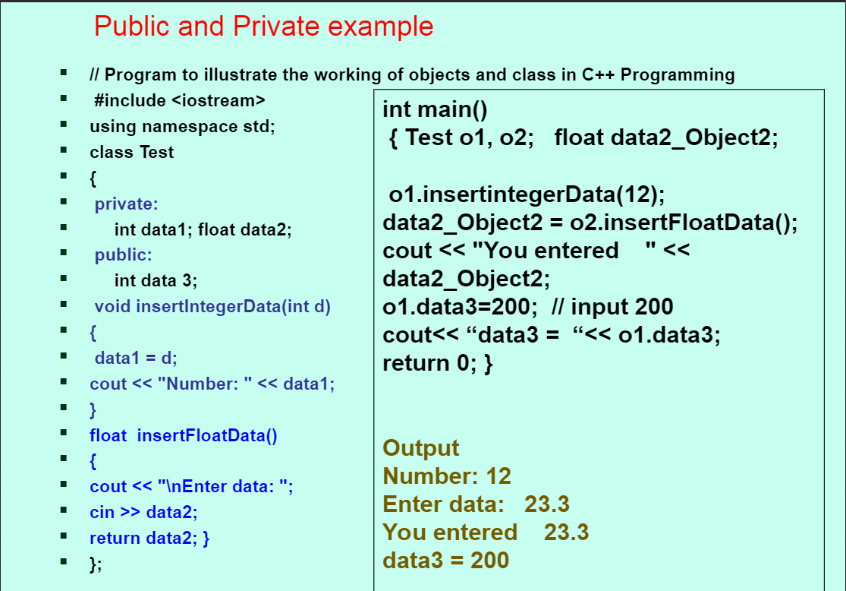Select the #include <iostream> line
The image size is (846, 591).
(180, 100)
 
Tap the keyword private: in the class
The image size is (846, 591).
(126, 204)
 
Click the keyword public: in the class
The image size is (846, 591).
(123, 254)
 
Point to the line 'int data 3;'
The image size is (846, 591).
(156, 280)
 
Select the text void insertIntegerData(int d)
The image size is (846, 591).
(212, 306)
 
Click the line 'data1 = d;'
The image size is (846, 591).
(135, 358)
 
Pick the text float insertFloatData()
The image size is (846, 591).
(184, 435)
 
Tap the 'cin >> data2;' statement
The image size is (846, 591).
(143, 512)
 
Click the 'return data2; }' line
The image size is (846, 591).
(149, 538)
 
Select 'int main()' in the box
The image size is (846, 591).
(435, 109)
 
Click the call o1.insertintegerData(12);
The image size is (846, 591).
(527, 194)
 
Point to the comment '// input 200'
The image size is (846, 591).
(612, 307)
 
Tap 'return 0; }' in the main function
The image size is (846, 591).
(438, 363)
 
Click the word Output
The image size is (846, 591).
(421, 448)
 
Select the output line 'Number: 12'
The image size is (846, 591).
(447, 476)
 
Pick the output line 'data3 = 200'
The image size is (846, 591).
(445, 560)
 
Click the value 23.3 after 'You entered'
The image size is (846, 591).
(567, 532)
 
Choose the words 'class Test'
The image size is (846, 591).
(132, 153)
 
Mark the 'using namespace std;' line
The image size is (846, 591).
(182, 126)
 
